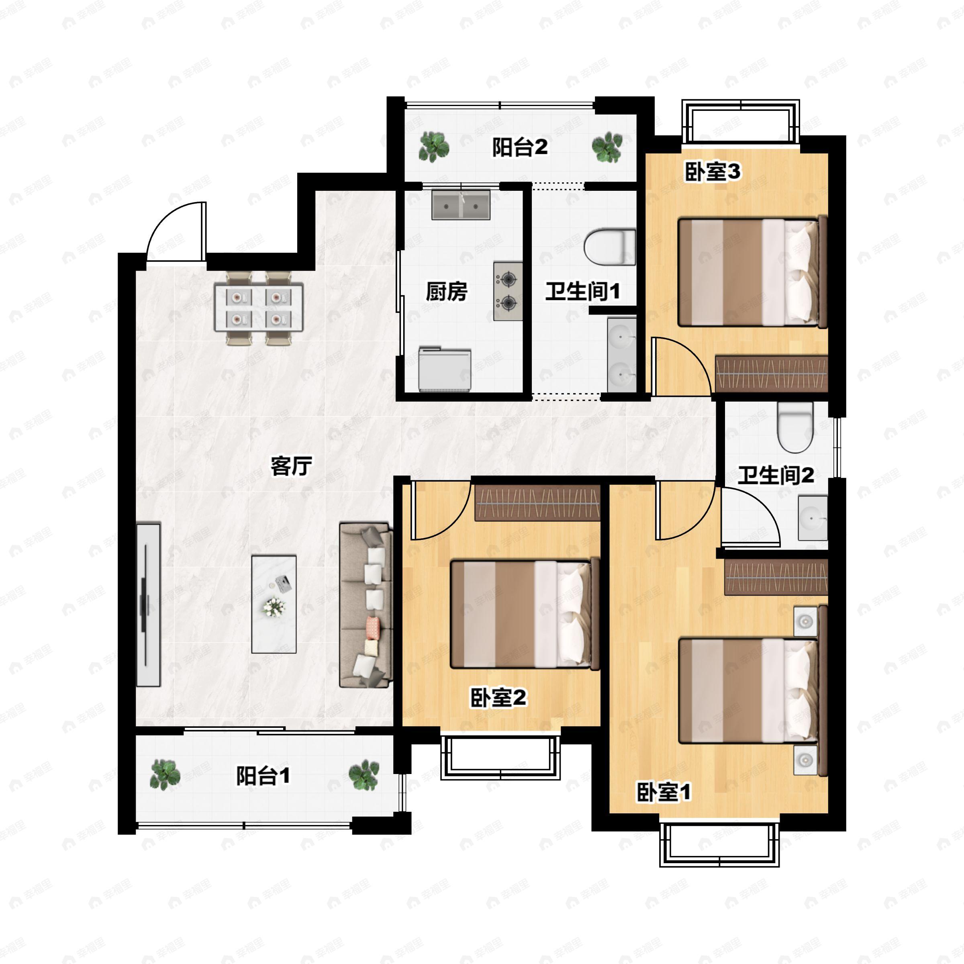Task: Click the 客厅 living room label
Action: pyautogui.click(x=291, y=466)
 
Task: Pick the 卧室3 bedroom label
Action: pyautogui.click(x=712, y=172)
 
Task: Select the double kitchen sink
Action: pyautogui.click(x=461, y=204)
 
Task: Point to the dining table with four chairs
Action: pyautogui.click(x=258, y=307)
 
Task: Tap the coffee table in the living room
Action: pyautogui.click(x=274, y=604)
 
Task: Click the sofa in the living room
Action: pyautogui.click(x=366, y=605)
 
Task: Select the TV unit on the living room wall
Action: pyautogui.click(x=148, y=604)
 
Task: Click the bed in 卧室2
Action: pyautogui.click(x=524, y=614)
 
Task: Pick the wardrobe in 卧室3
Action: pyautogui.click(x=771, y=374)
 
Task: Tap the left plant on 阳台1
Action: pyautogui.click(x=165, y=775)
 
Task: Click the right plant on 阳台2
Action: pyautogui.click(x=607, y=147)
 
